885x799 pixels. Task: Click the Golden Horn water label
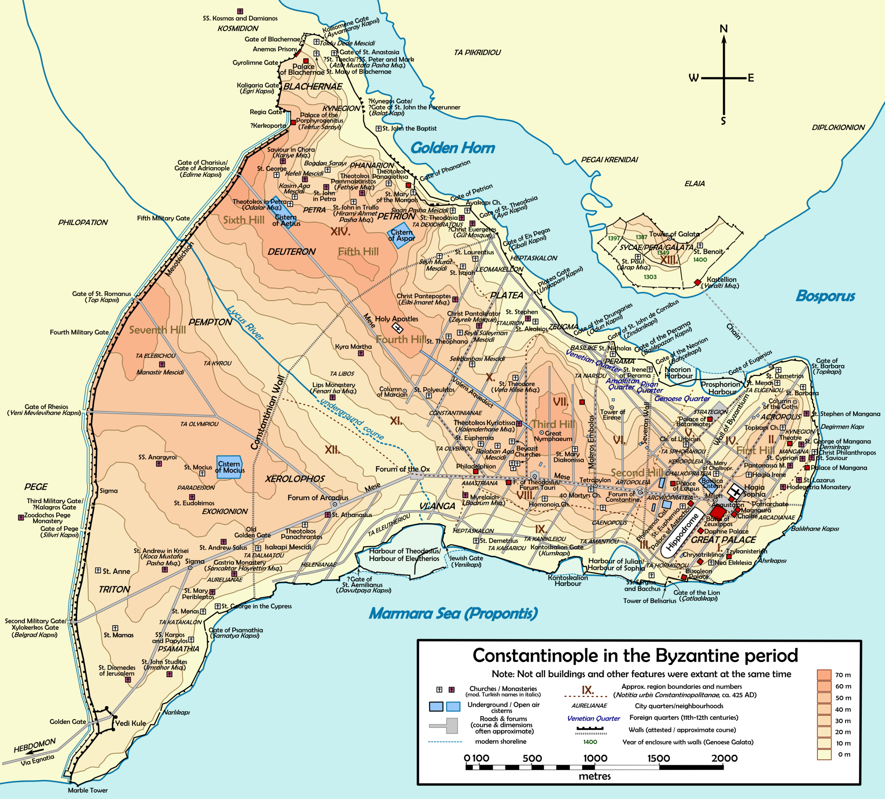(453, 148)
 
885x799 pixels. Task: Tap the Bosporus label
(825, 296)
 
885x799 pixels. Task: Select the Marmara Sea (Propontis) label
(453, 613)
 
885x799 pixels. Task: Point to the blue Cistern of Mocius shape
(230, 467)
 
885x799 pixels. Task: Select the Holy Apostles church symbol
(398, 328)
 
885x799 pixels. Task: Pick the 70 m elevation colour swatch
(824, 675)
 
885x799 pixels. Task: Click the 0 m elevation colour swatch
(824, 754)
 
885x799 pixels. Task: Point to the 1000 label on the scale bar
(595, 758)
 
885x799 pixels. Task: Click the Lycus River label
(246, 323)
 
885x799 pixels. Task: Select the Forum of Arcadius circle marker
(335, 504)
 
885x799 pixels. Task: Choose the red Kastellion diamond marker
(697, 282)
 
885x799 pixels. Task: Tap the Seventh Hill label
(157, 330)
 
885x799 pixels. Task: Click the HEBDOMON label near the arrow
(35, 745)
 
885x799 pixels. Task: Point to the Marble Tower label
(88, 790)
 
